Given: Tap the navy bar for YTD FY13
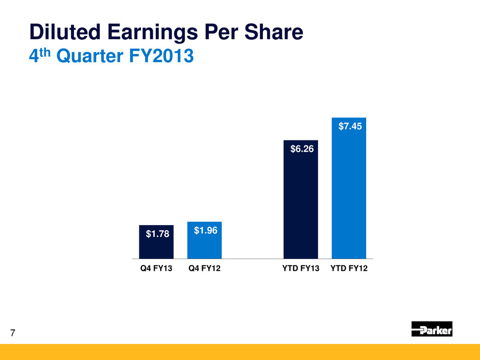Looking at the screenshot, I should pyautogui.click(x=301, y=204).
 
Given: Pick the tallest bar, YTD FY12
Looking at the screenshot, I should pyautogui.click(x=349, y=194).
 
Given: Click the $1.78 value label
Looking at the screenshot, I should pyautogui.click(x=156, y=234).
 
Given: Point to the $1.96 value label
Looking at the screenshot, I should pyautogui.click(x=206, y=231).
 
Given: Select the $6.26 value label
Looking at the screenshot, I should pyautogui.click(x=301, y=149).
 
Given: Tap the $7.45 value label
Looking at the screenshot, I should pyautogui.click(x=350, y=126).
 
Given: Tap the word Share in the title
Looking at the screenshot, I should pyautogui.click(x=275, y=33).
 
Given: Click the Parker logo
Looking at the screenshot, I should pyautogui.click(x=431, y=329).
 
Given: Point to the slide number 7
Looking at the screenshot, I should pyautogui.click(x=12, y=334).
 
